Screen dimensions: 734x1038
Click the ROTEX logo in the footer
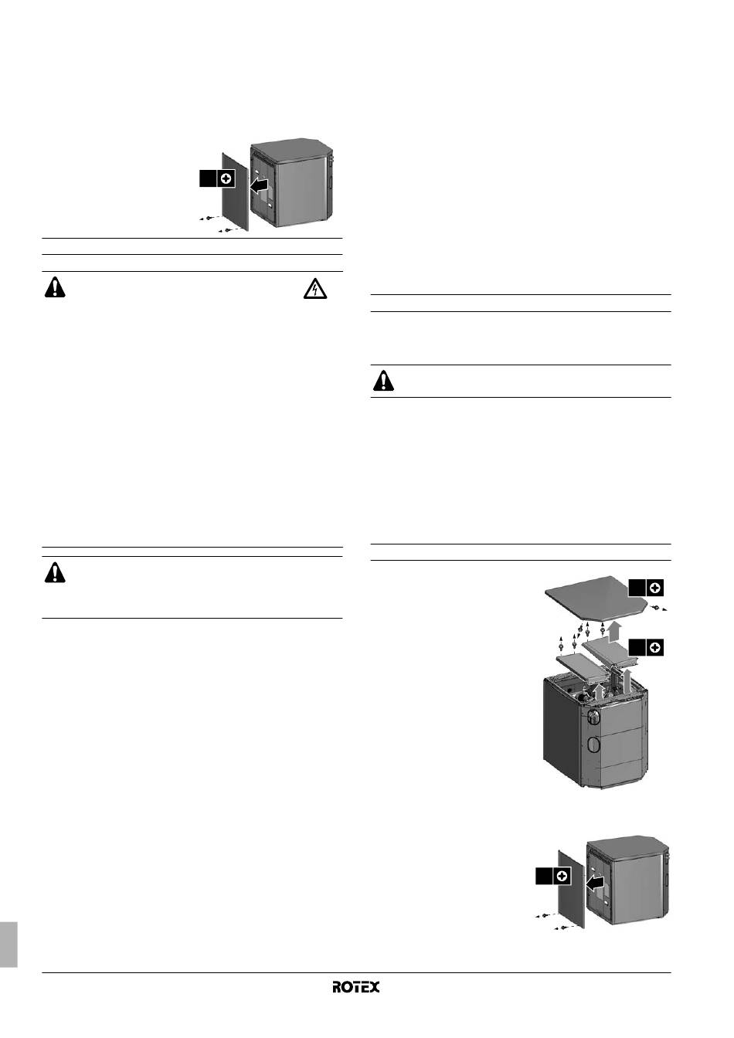coord(355,986)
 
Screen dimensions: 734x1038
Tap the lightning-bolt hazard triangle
coord(314,289)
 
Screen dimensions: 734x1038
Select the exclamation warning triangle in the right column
coord(383,381)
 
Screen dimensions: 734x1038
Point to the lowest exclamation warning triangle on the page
coord(55,572)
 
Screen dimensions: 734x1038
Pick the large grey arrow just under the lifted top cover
coord(615,631)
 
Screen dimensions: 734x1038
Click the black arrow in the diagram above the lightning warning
coord(259,185)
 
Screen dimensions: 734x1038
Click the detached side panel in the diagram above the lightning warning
coord(235,191)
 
